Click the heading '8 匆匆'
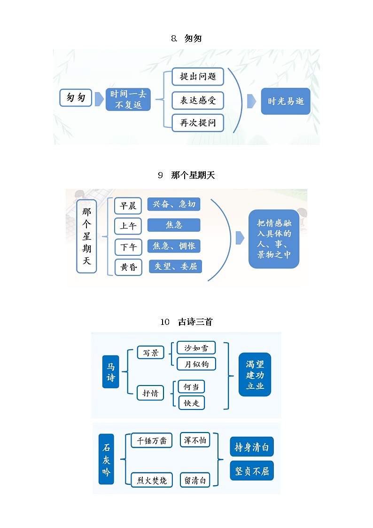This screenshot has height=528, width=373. coord(186,39)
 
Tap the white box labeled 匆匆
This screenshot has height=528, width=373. coord(76,98)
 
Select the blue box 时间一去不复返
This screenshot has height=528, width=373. coord(128,100)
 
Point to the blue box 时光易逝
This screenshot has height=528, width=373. coord(286,101)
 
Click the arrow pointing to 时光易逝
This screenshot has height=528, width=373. coord(252,101)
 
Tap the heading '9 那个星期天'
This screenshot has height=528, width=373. coord(186,175)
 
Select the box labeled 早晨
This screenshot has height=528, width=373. coord(128,205)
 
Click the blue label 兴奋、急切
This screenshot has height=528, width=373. coord(174,204)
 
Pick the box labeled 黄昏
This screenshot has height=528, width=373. coord(128,267)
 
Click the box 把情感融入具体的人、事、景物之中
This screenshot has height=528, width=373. coord(274,239)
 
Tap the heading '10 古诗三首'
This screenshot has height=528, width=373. coord(186,322)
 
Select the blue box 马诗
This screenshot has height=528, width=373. coord(111,371)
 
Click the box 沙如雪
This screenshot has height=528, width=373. coord(196,348)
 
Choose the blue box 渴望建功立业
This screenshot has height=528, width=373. coord(255,374)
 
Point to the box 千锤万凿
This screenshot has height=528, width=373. coord(151,441)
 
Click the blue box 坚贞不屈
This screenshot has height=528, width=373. coord(252,471)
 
